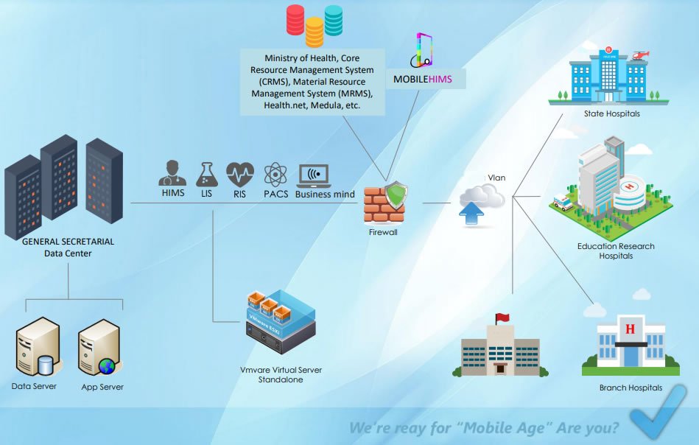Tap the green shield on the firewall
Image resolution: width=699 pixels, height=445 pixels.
pyautogui.click(x=396, y=195)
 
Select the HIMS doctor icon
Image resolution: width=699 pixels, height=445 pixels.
pyautogui.click(x=172, y=173)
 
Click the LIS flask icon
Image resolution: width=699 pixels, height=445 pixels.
pyautogui.click(x=206, y=175)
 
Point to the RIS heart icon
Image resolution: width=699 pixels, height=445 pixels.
pyautogui.click(x=240, y=174)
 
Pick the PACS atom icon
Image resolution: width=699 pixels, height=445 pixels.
pyautogui.click(x=275, y=175)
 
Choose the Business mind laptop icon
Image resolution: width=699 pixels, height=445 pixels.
pyautogui.click(x=314, y=176)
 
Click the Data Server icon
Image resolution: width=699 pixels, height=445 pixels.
pyautogui.click(x=37, y=346)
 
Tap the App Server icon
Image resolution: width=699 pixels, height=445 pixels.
pyautogui.click(x=99, y=347)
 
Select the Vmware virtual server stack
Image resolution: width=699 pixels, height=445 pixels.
pyautogui.click(x=281, y=320)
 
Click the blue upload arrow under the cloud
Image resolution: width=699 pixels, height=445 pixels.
pyautogui.click(x=471, y=213)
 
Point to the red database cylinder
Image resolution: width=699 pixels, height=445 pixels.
pyautogui.click(x=295, y=20)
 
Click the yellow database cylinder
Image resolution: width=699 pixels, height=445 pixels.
pyautogui.click(x=315, y=32)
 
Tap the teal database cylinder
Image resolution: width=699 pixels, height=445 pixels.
pyautogui.click(x=334, y=20)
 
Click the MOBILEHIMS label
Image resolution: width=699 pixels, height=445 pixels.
pyautogui.click(x=422, y=79)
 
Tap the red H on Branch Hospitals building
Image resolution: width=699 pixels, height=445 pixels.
pyautogui.click(x=630, y=329)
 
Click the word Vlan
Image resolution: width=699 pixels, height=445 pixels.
pyautogui.click(x=496, y=178)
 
